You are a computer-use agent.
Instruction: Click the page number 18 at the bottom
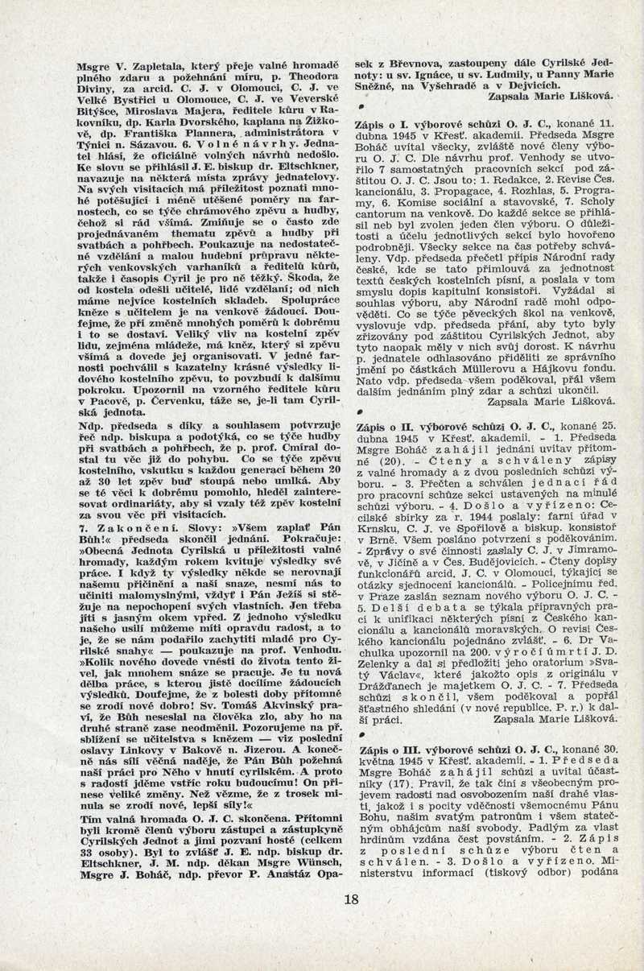(x=350, y=899)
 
